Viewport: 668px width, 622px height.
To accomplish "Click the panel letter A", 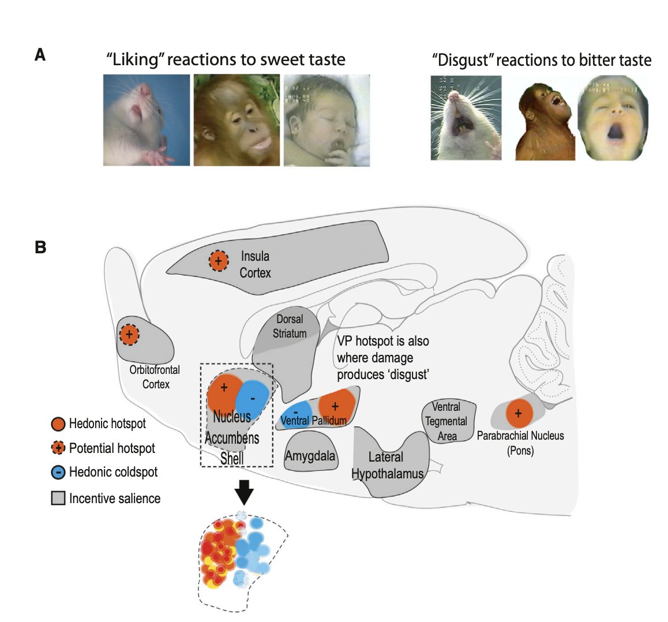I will coord(40,55).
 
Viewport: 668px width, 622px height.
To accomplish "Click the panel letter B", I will coord(40,247).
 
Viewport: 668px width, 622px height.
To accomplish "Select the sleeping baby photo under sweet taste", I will coord(327,120).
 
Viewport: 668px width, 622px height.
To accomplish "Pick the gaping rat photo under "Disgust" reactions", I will coord(466,118).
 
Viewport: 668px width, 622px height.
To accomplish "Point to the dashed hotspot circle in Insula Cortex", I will coord(218,261).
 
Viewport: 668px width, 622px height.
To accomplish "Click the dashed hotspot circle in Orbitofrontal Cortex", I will coord(129,334).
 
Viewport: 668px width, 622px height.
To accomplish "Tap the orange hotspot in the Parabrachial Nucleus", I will coord(518,413).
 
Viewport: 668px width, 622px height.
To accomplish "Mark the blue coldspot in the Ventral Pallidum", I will coord(296,411).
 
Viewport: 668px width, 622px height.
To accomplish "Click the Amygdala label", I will coord(310,456).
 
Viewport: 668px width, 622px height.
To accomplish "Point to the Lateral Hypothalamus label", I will coord(386,466).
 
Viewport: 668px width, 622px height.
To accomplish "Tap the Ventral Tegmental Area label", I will coord(446,421).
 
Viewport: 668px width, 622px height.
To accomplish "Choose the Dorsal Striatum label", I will coord(290,326).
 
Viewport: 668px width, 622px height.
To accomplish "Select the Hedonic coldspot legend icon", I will coord(58,472).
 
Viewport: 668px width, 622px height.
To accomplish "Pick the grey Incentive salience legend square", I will coord(58,498).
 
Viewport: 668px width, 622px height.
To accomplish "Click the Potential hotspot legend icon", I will coord(58,448).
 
